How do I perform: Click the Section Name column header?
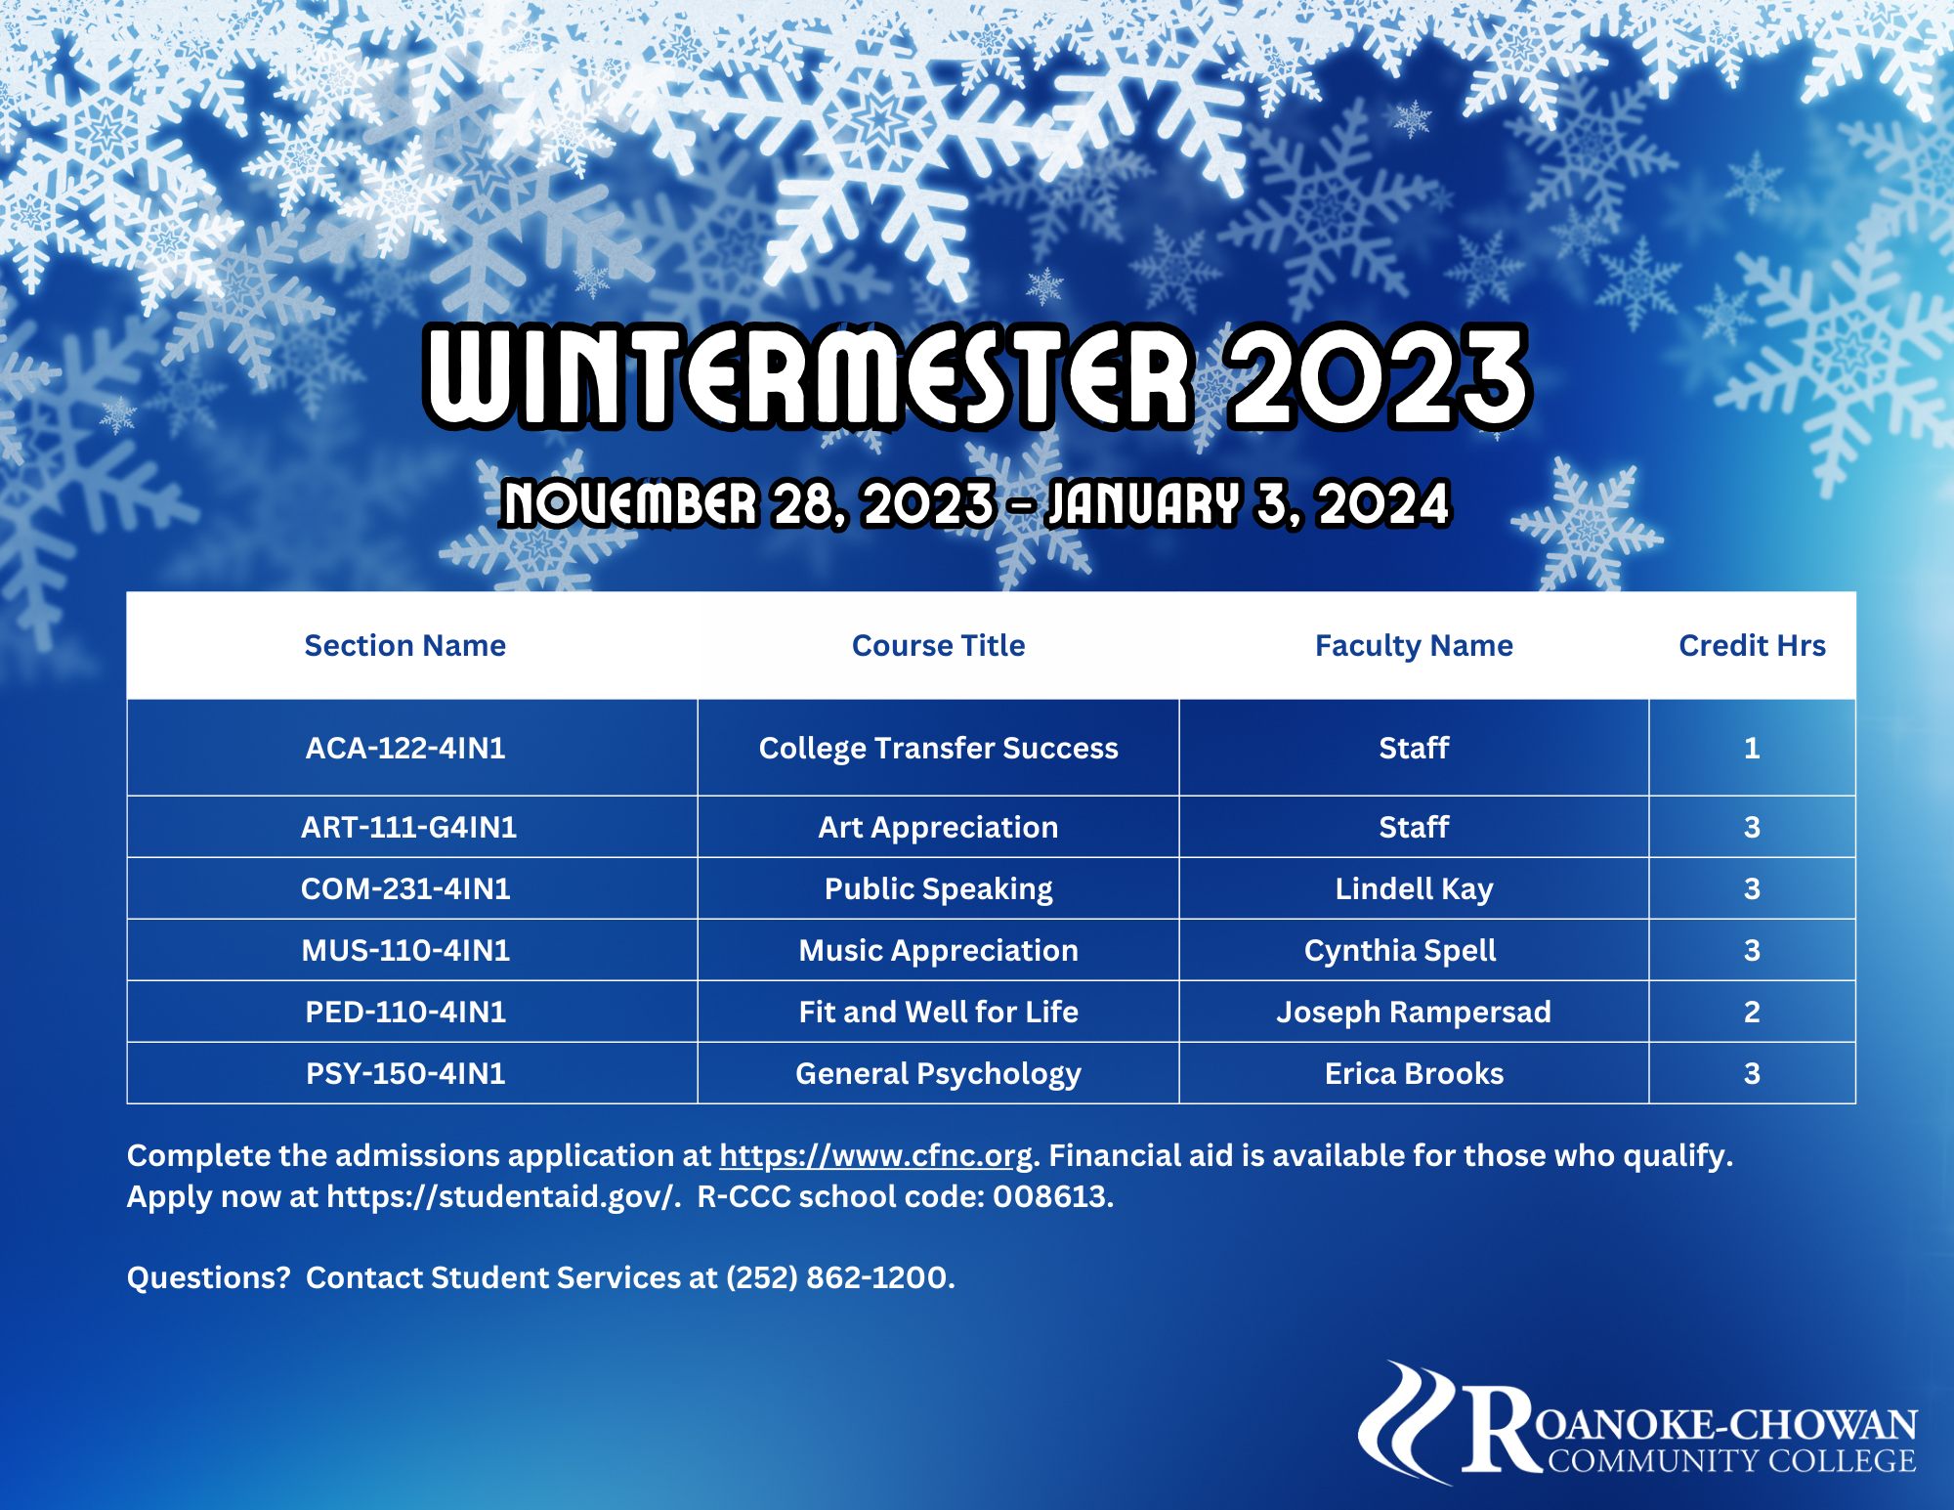coord(405,645)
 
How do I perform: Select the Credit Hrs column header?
coord(1752,645)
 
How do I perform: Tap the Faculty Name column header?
coord(1414,646)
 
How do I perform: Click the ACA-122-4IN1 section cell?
coord(405,748)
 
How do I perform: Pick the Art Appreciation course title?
coord(938,828)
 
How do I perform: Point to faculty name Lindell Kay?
coord(1414,889)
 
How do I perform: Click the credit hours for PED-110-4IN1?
coord(1752,1012)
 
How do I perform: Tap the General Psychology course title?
coord(938,1074)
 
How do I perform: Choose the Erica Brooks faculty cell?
coord(1414,1073)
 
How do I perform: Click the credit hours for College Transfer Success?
coord(1752,748)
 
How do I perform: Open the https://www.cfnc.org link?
coord(875,1156)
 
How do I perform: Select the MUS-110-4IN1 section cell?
coord(405,951)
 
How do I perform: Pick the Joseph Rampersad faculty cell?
coord(1414,1013)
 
